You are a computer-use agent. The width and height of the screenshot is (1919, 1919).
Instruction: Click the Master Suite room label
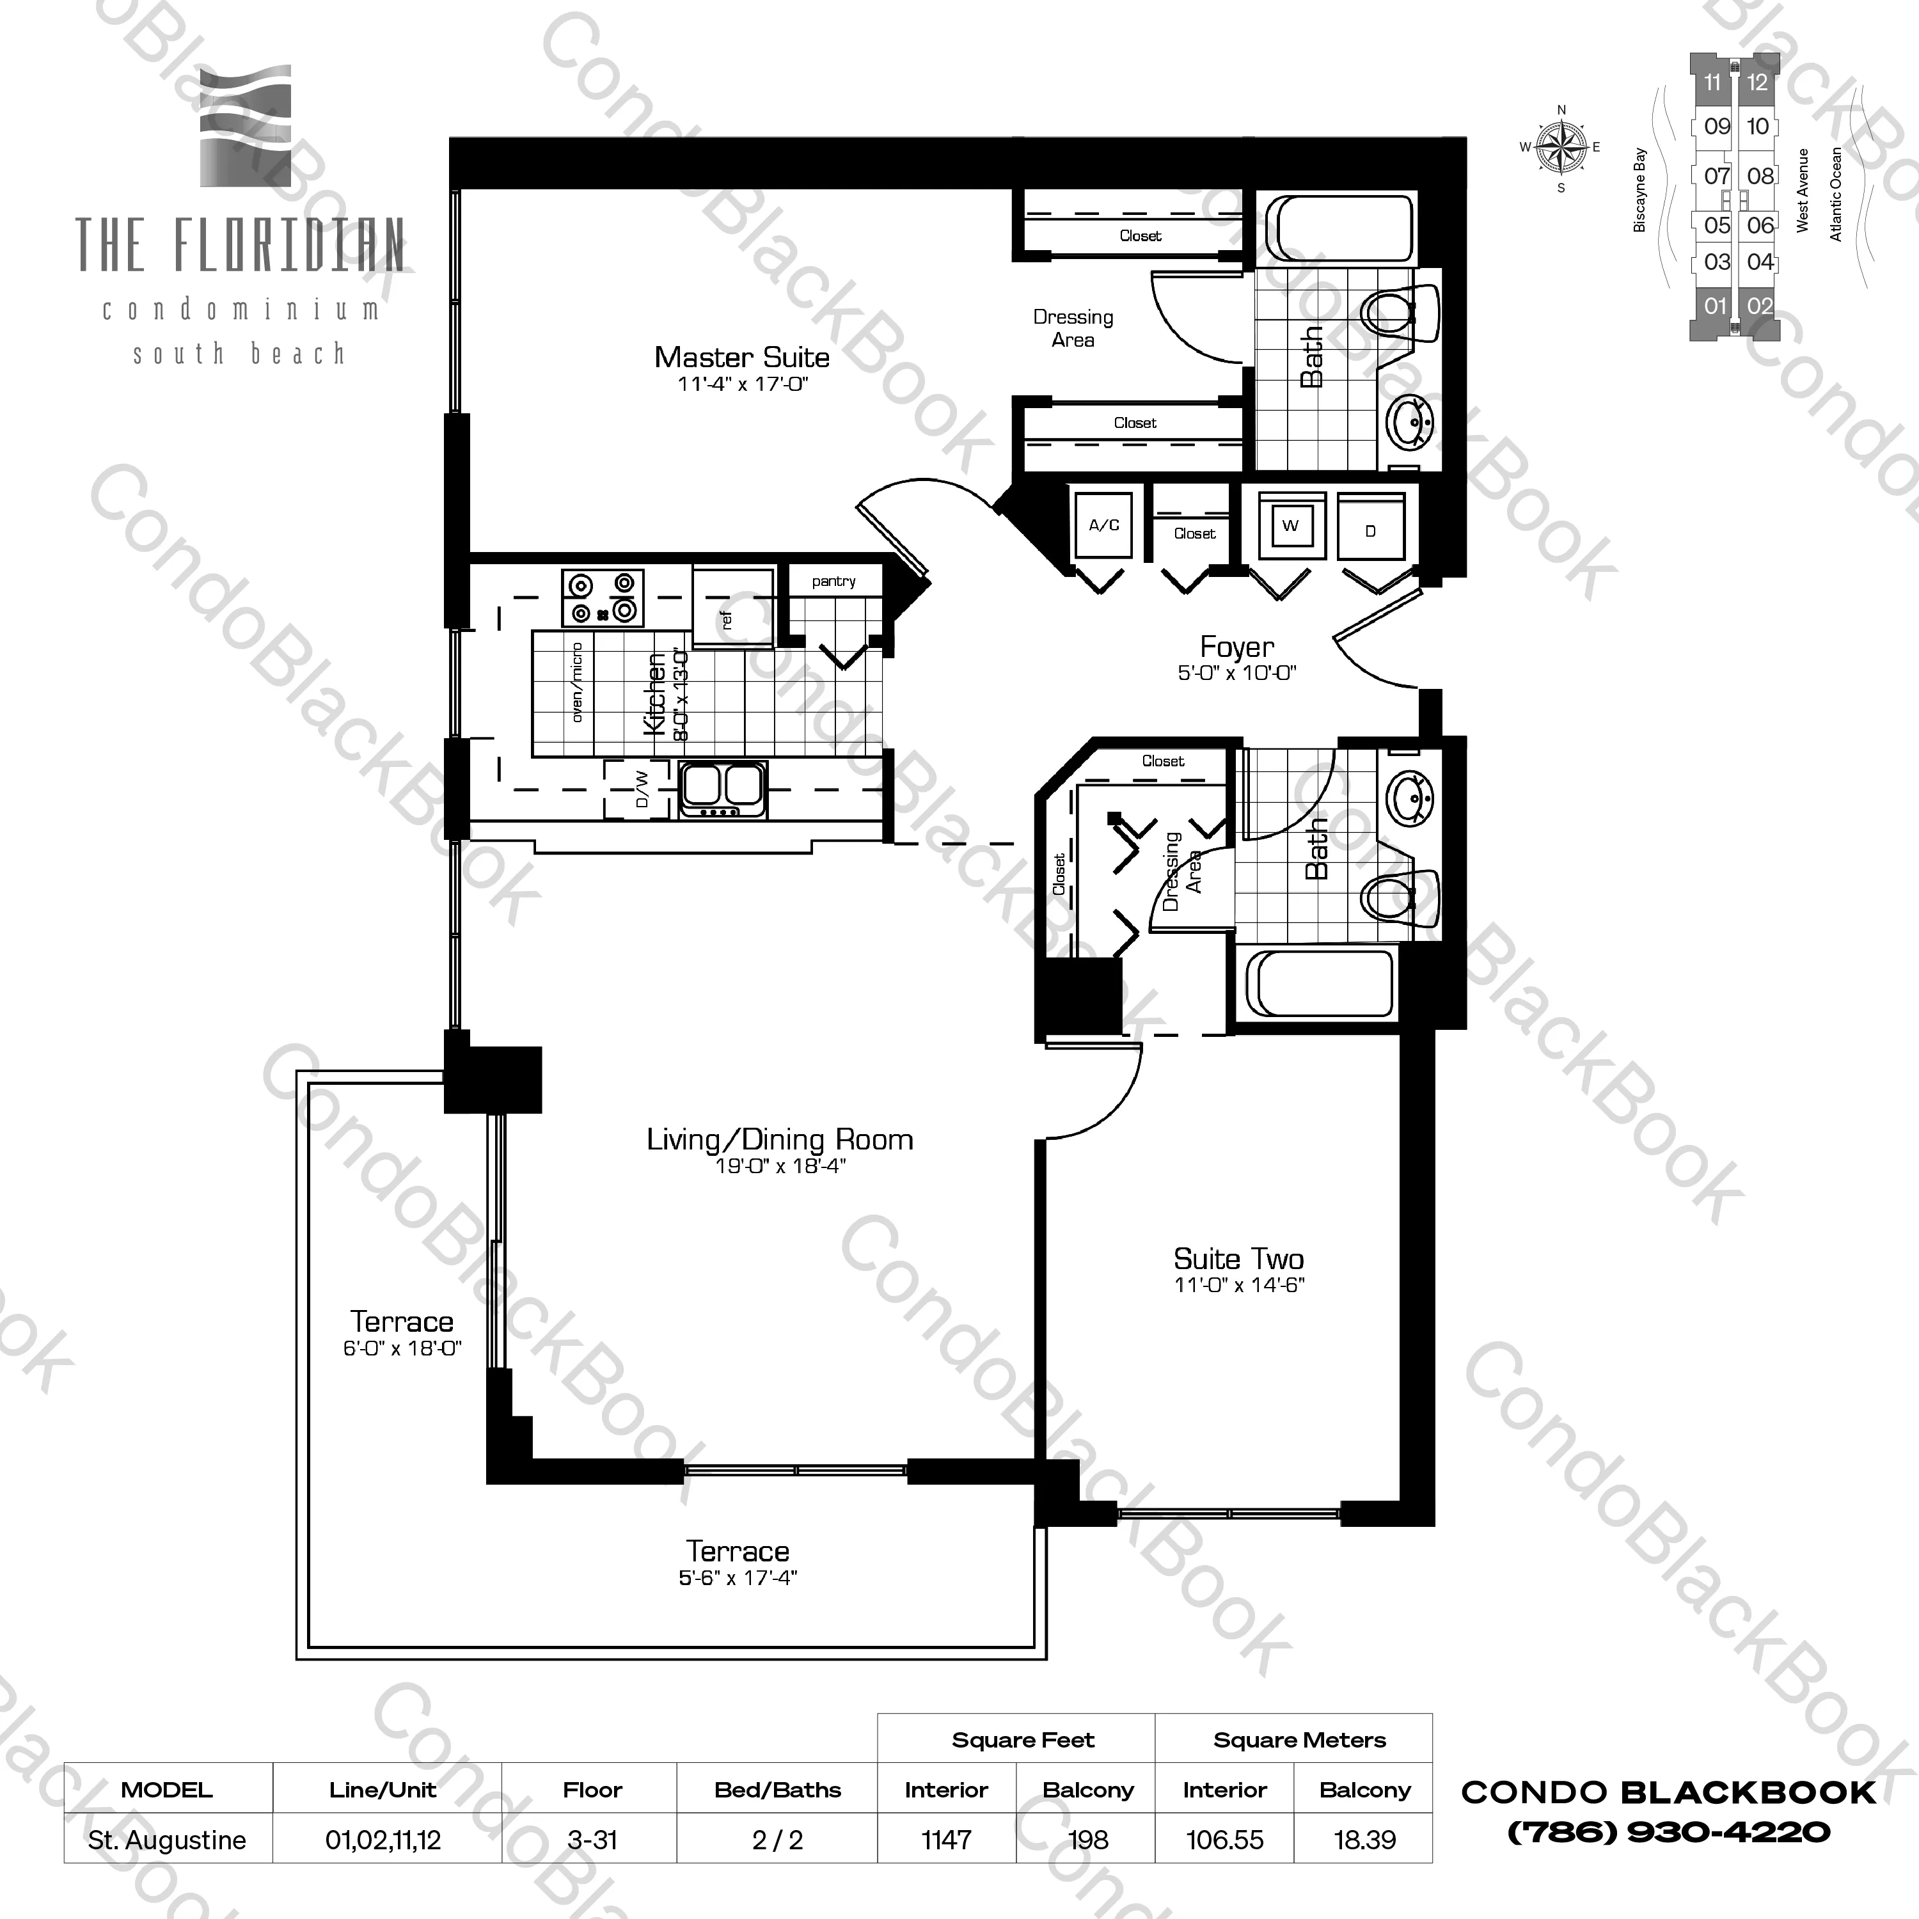coord(742,358)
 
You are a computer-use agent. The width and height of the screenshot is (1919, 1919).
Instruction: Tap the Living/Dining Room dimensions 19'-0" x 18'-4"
coord(780,1166)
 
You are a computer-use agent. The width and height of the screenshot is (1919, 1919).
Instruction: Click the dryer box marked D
coord(1371,530)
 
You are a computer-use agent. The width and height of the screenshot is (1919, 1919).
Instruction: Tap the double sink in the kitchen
coord(722,787)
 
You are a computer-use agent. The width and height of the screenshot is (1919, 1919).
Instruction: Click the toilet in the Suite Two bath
coord(1400,897)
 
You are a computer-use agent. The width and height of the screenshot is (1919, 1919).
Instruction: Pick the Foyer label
coord(1236,647)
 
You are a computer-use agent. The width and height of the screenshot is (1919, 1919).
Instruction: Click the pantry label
coord(833,581)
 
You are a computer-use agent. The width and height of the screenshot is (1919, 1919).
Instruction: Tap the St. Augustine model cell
coord(167,1840)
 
